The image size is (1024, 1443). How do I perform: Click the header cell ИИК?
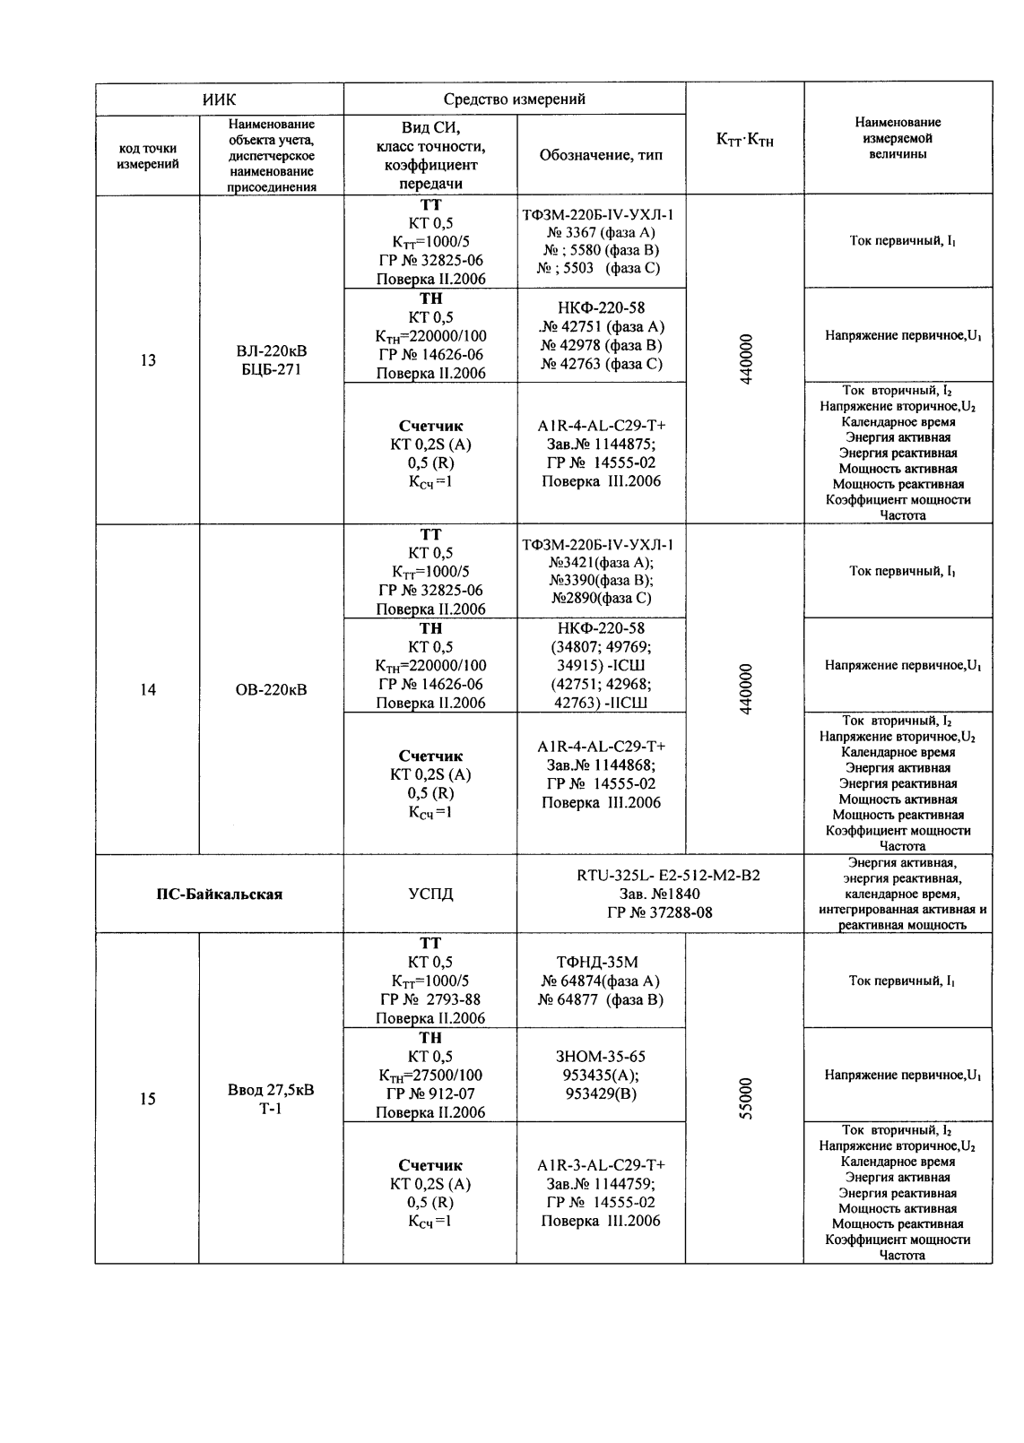click(x=220, y=99)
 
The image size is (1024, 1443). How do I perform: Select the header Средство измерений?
click(x=515, y=99)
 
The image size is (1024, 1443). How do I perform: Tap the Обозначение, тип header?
click(x=601, y=155)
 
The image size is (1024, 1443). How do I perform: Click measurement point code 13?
click(x=148, y=360)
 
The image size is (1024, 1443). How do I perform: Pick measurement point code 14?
click(x=148, y=689)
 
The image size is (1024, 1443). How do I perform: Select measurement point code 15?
click(x=148, y=1099)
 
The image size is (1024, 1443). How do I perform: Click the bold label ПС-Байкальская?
click(x=220, y=894)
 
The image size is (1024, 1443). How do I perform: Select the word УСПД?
click(x=430, y=894)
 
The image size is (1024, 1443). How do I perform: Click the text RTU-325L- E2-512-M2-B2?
click(x=668, y=875)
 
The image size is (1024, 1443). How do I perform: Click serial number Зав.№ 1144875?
click(x=601, y=445)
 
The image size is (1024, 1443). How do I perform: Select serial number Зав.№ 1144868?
click(x=601, y=765)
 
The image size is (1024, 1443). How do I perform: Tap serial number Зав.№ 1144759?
click(x=601, y=1183)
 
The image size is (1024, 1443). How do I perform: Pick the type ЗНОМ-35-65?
click(x=601, y=1057)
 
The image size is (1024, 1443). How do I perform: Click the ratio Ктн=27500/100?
click(x=430, y=1076)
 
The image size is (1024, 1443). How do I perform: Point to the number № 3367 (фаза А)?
click(x=601, y=233)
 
